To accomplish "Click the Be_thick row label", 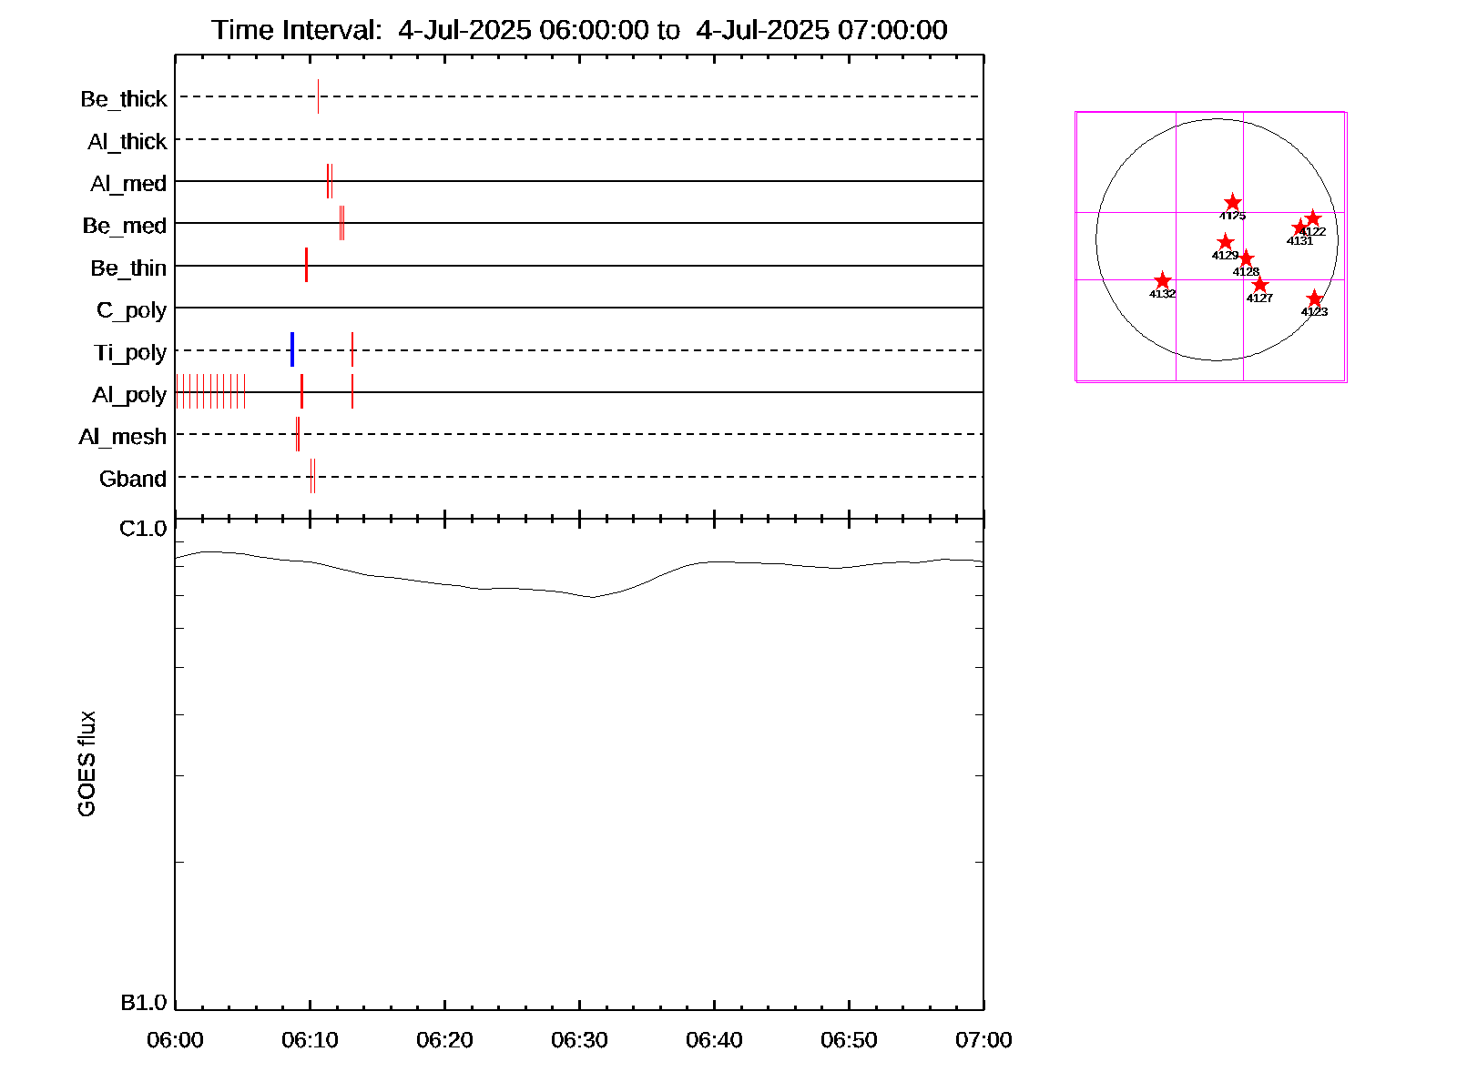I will [124, 99].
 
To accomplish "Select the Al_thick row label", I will [127, 142].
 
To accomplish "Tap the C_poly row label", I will [131, 310].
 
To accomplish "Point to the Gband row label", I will [132, 480].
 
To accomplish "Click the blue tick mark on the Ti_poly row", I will [292, 349].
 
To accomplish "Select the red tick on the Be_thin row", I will [306, 265].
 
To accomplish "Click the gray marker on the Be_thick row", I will [318, 96].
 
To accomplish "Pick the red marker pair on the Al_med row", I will [330, 181].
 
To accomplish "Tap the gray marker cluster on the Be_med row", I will [341, 223].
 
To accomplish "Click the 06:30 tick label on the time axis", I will [579, 1040].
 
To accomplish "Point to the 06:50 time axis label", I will [849, 1040].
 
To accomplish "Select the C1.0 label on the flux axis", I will [143, 529].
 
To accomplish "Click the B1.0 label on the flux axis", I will [143, 1003].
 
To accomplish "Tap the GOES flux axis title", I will [87, 764].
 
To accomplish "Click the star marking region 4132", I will [1162, 281].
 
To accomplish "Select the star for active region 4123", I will [1314, 298].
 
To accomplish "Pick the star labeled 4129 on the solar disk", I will [1225, 242].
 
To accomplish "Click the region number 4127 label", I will [1259, 298].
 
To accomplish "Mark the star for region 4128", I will [1246, 258].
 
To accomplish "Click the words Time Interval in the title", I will [296, 30].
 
